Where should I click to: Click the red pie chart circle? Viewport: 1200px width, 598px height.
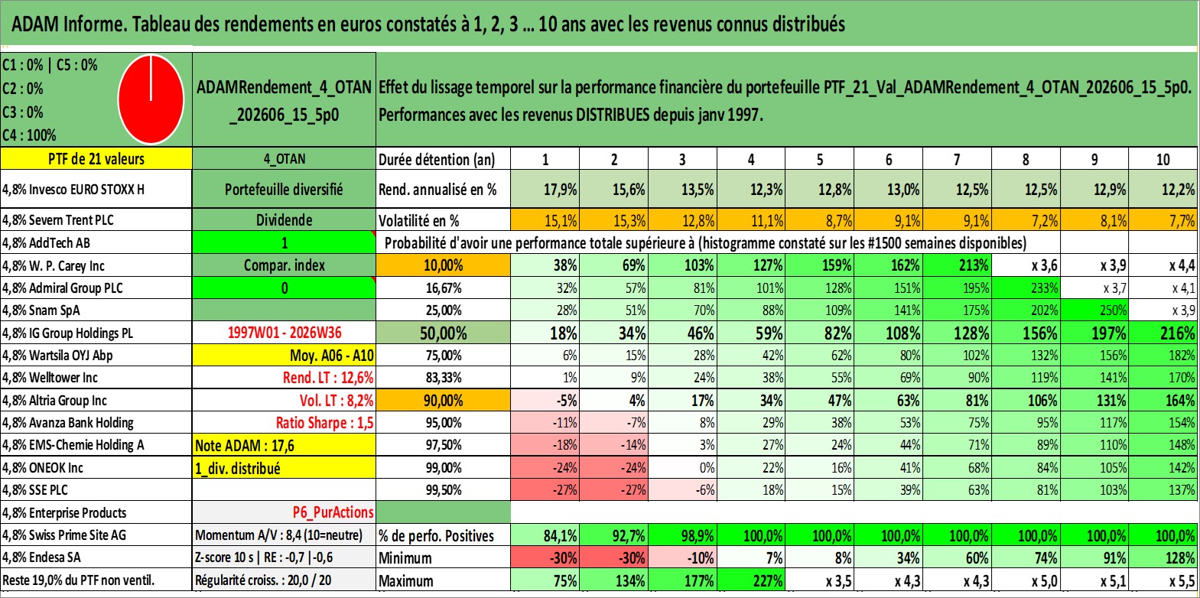151,99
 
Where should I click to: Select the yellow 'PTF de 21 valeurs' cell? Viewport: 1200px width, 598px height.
96,158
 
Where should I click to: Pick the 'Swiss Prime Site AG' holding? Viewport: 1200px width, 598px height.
78,535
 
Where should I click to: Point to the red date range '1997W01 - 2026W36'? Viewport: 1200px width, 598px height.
285,333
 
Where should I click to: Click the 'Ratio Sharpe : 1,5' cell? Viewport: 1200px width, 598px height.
324,423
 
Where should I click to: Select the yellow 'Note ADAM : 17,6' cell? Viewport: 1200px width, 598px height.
284,445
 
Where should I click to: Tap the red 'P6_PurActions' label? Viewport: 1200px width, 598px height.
333,512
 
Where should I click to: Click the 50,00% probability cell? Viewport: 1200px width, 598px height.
443,333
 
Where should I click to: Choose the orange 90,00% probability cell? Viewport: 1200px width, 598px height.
443,400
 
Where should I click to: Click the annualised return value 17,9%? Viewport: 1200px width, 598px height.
561,189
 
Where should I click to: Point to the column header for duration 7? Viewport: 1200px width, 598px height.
957,159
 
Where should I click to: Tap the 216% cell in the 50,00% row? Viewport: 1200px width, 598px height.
1178,333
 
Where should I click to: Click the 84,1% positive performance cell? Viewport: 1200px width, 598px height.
561,535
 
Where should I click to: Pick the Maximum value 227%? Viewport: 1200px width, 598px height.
767,581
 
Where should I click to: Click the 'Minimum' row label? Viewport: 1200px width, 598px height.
405,558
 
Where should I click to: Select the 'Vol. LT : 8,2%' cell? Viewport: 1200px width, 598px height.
337,400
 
